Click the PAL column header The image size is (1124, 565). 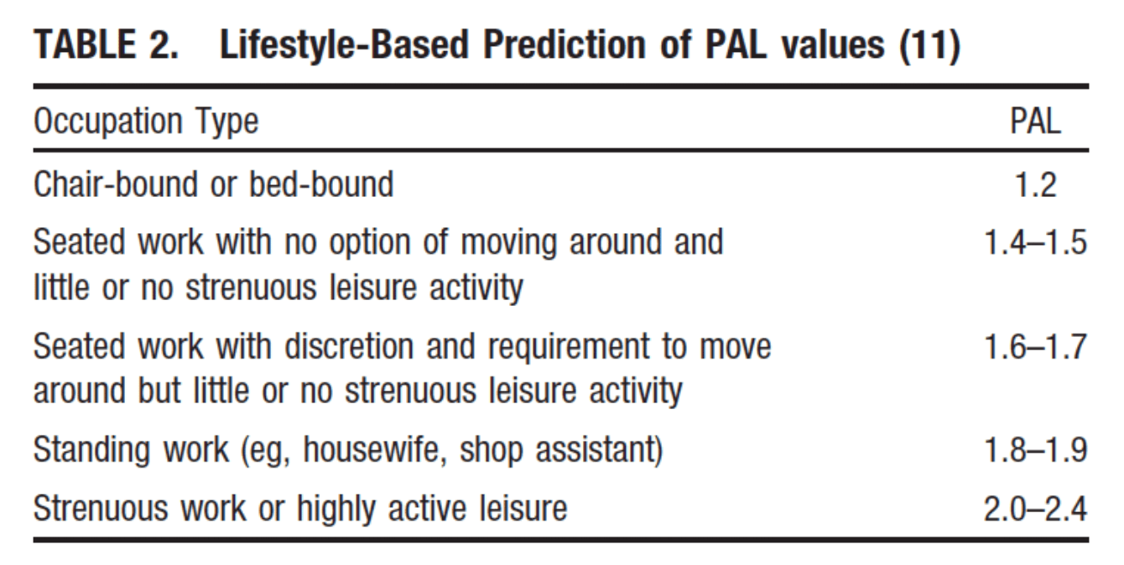click(x=1035, y=121)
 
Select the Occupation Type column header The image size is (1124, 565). click(x=146, y=122)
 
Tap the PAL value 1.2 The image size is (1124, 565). click(x=1036, y=184)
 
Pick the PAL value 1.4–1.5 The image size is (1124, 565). click(x=1036, y=242)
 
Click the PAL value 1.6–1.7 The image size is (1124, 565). click(x=1036, y=347)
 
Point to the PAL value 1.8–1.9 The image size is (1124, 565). click(x=1036, y=449)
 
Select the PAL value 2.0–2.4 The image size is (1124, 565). click(x=1036, y=510)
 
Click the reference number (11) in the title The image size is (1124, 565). click(x=929, y=45)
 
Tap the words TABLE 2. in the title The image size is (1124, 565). click(x=106, y=44)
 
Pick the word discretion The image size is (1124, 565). click(x=349, y=346)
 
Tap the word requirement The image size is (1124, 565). click(x=569, y=348)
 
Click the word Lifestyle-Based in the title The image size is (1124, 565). click(x=344, y=45)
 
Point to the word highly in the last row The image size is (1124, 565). click(x=336, y=510)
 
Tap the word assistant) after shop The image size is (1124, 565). click(x=600, y=450)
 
